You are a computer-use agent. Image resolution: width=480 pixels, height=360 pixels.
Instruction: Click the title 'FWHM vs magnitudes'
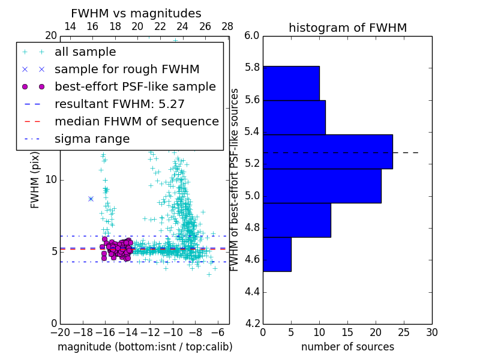click(136, 13)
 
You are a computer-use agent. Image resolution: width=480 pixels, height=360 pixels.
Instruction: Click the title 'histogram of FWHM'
click(347, 28)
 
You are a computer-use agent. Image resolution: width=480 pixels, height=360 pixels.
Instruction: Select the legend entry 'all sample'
click(85, 52)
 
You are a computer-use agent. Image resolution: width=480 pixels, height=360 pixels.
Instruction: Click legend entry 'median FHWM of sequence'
click(136, 121)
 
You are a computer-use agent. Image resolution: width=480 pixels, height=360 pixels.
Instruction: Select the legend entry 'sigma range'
click(92, 139)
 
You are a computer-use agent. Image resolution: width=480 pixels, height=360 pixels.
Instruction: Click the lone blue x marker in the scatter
click(91, 199)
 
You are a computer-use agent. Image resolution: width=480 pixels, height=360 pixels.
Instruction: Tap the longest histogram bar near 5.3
click(328, 152)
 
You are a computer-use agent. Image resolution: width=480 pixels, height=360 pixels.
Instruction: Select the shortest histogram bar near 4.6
click(277, 254)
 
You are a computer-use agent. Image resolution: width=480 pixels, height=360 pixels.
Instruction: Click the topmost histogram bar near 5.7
click(291, 83)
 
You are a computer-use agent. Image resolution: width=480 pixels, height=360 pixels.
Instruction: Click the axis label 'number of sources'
click(347, 347)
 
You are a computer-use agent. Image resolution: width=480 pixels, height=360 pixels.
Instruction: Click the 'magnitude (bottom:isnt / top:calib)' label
click(145, 347)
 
